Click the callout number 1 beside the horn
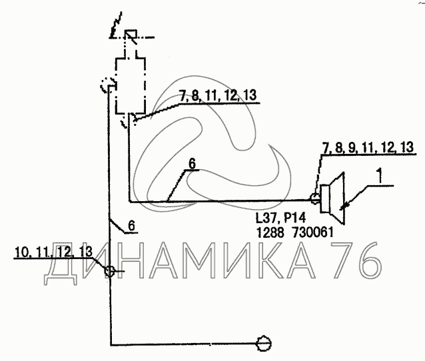(380, 175)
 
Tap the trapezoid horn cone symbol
(338, 198)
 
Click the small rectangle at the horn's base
(325, 198)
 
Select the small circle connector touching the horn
(315, 198)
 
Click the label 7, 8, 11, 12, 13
(218, 95)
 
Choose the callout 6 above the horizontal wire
(192, 164)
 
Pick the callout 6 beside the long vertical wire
(131, 226)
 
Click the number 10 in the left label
(22, 252)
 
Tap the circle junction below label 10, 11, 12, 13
(109, 271)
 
